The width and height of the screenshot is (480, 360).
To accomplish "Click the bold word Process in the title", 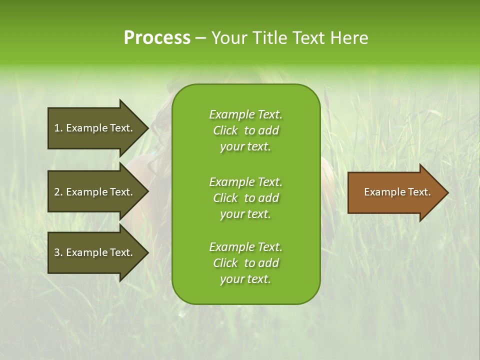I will (x=157, y=38).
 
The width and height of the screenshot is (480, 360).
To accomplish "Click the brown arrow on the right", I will (x=395, y=192).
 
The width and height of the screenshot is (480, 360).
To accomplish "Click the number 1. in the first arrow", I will (x=58, y=128).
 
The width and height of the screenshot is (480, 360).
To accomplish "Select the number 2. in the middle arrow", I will (x=58, y=192).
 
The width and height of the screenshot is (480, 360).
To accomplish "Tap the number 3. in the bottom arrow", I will (x=58, y=252).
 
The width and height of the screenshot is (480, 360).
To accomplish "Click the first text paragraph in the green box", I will (x=245, y=130).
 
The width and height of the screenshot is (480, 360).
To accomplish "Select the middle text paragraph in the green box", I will (x=245, y=198).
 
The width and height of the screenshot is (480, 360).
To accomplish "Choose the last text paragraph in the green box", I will (x=245, y=263).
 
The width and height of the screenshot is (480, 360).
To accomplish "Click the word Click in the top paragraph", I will (x=225, y=130).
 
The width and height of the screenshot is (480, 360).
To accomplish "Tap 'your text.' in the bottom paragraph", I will (x=245, y=279).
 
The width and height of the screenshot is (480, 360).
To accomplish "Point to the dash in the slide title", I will (x=200, y=38).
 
